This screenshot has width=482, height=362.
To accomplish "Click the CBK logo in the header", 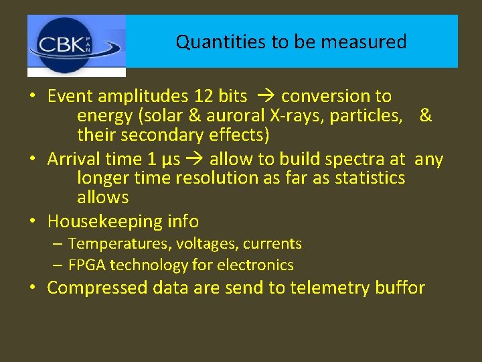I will coord(76,46).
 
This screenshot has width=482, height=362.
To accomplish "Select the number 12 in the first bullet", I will coord(202,97).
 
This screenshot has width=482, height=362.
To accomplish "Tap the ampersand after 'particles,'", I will coord(426,116).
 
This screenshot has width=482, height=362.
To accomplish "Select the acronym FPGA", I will coord(87,265).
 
